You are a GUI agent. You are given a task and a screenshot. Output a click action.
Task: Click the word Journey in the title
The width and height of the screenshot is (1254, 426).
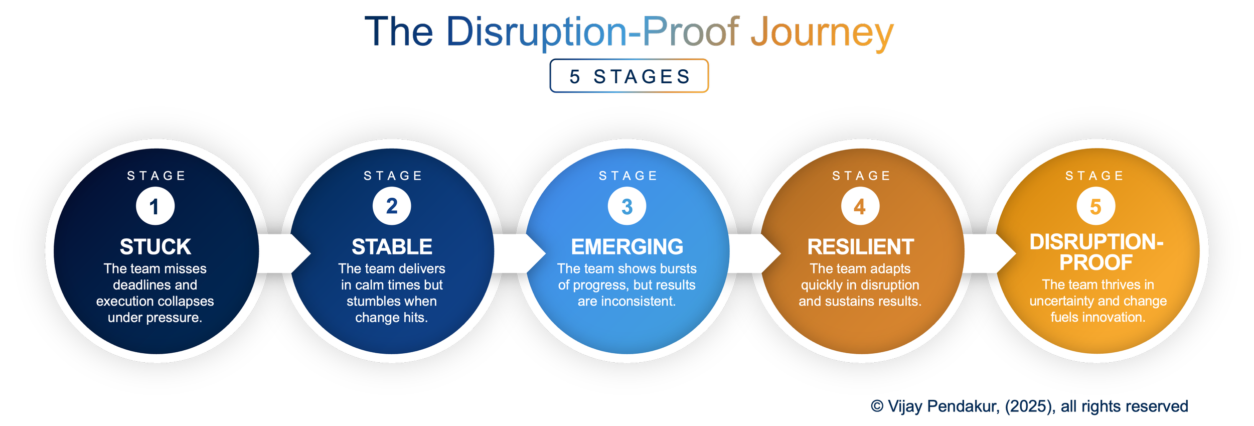pyautogui.click(x=822, y=32)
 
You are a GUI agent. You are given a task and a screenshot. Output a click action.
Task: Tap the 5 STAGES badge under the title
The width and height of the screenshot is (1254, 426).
pyautogui.click(x=629, y=76)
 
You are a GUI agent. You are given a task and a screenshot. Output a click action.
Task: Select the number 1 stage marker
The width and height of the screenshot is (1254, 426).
pyautogui.click(x=155, y=206)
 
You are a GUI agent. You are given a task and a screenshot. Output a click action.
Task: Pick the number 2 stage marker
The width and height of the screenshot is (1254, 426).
pyautogui.click(x=392, y=206)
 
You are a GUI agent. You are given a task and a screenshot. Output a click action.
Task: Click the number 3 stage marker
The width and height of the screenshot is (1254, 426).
pyautogui.click(x=627, y=206)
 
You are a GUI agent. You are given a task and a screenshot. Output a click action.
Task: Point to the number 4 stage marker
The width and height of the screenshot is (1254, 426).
pyautogui.click(x=860, y=206)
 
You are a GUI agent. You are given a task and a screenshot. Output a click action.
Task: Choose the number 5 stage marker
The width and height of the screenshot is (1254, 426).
pyautogui.click(x=1095, y=206)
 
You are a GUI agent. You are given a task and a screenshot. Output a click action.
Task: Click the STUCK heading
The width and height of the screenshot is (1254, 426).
pyautogui.click(x=155, y=247)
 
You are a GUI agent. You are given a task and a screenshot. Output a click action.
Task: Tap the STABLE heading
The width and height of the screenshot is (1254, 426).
pyautogui.click(x=392, y=247)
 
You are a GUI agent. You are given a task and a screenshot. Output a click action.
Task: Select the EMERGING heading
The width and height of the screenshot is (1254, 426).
pyautogui.click(x=627, y=247)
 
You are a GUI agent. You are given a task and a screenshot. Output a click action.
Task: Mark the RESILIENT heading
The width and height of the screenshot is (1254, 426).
pyautogui.click(x=860, y=247)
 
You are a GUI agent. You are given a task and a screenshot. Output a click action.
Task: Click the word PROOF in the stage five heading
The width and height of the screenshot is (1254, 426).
pyautogui.click(x=1096, y=262)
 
